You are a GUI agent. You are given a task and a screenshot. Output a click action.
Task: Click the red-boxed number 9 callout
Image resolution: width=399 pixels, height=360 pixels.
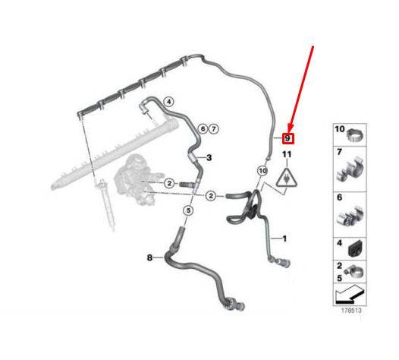pos(288,138)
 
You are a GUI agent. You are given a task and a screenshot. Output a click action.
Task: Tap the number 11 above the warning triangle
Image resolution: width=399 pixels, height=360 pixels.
pos(287,154)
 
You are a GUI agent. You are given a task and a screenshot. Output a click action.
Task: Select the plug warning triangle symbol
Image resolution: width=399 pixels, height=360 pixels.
pos(287,178)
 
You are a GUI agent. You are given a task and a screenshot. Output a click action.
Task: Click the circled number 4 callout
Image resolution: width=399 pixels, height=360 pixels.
pos(168,102)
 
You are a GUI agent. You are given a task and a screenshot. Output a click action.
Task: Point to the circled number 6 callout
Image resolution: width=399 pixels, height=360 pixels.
pos(203,129)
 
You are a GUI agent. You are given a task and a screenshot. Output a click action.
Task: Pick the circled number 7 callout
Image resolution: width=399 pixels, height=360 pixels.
pos(214,129)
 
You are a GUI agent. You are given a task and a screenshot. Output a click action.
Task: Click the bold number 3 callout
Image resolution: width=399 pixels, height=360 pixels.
pos(209,157)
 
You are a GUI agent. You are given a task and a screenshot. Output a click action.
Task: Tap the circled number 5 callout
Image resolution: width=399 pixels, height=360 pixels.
pos(188,210)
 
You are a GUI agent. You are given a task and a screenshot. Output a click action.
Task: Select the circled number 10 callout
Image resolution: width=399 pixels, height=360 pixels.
pos(262,171)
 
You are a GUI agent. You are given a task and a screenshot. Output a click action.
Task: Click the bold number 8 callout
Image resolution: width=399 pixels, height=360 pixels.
pos(150,257)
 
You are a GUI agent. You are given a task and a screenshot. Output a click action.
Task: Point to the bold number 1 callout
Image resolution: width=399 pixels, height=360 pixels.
pos(284,238)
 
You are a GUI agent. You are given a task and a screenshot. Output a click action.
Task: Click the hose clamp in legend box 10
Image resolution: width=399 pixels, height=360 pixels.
pos(356,135)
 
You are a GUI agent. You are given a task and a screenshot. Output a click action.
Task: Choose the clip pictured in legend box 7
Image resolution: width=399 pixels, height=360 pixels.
pos(350,169)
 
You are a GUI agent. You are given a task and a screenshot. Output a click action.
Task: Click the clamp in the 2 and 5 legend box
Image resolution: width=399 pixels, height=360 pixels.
pos(353,272)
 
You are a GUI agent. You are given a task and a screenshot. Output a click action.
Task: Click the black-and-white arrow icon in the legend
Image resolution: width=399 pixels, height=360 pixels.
pos(350,295)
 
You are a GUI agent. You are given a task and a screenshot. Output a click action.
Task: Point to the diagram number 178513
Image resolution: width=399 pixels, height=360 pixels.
pos(351,311)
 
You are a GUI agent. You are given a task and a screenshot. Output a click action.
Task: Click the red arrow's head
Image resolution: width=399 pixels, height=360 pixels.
pos(291,129)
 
